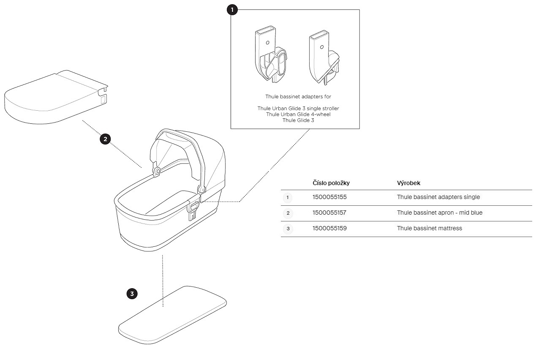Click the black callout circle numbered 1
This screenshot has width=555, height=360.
point(232,10)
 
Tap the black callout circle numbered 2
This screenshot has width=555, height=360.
point(105,139)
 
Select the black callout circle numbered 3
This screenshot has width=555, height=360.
point(132,294)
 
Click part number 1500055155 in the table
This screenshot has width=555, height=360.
point(329,197)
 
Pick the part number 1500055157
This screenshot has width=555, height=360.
point(329,213)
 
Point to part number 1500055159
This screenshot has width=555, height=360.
point(329,228)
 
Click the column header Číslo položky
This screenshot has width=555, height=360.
point(331,183)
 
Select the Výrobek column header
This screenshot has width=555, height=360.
point(408,183)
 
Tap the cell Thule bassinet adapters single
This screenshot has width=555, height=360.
point(438,197)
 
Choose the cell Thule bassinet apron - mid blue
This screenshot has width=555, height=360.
point(440,213)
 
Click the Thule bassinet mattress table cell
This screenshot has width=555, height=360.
point(430,228)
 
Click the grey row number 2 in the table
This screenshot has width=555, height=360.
point(288,213)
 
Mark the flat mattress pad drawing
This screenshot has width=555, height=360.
point(172,315)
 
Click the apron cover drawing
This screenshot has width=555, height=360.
point(56,97)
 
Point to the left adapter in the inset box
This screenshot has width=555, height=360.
point(271,54)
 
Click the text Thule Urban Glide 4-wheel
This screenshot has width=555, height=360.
point(298,115)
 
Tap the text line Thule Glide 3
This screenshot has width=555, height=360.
point(298,120)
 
